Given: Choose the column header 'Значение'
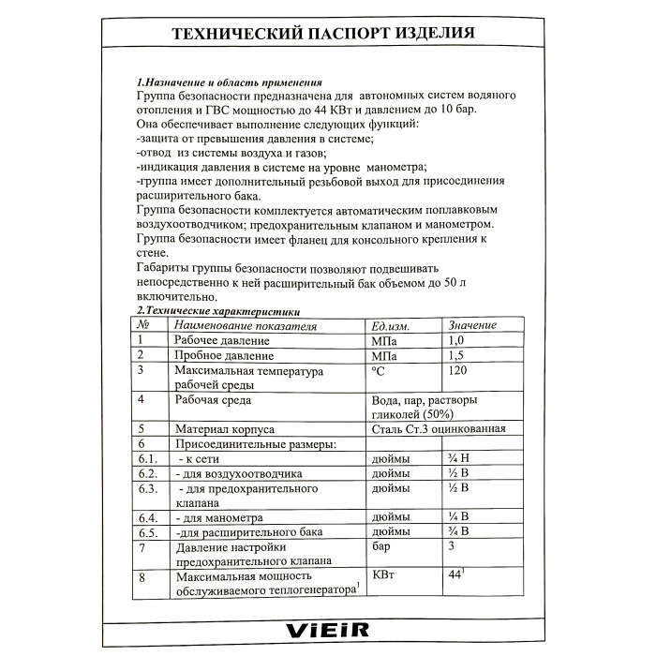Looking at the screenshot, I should pos(473,324).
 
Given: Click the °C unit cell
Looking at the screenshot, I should pos(379,371).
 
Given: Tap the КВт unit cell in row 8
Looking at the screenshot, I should pos(384,576).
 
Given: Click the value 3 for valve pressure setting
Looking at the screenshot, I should pos(454,546).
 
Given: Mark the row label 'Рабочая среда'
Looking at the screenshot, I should pos(213,400).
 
